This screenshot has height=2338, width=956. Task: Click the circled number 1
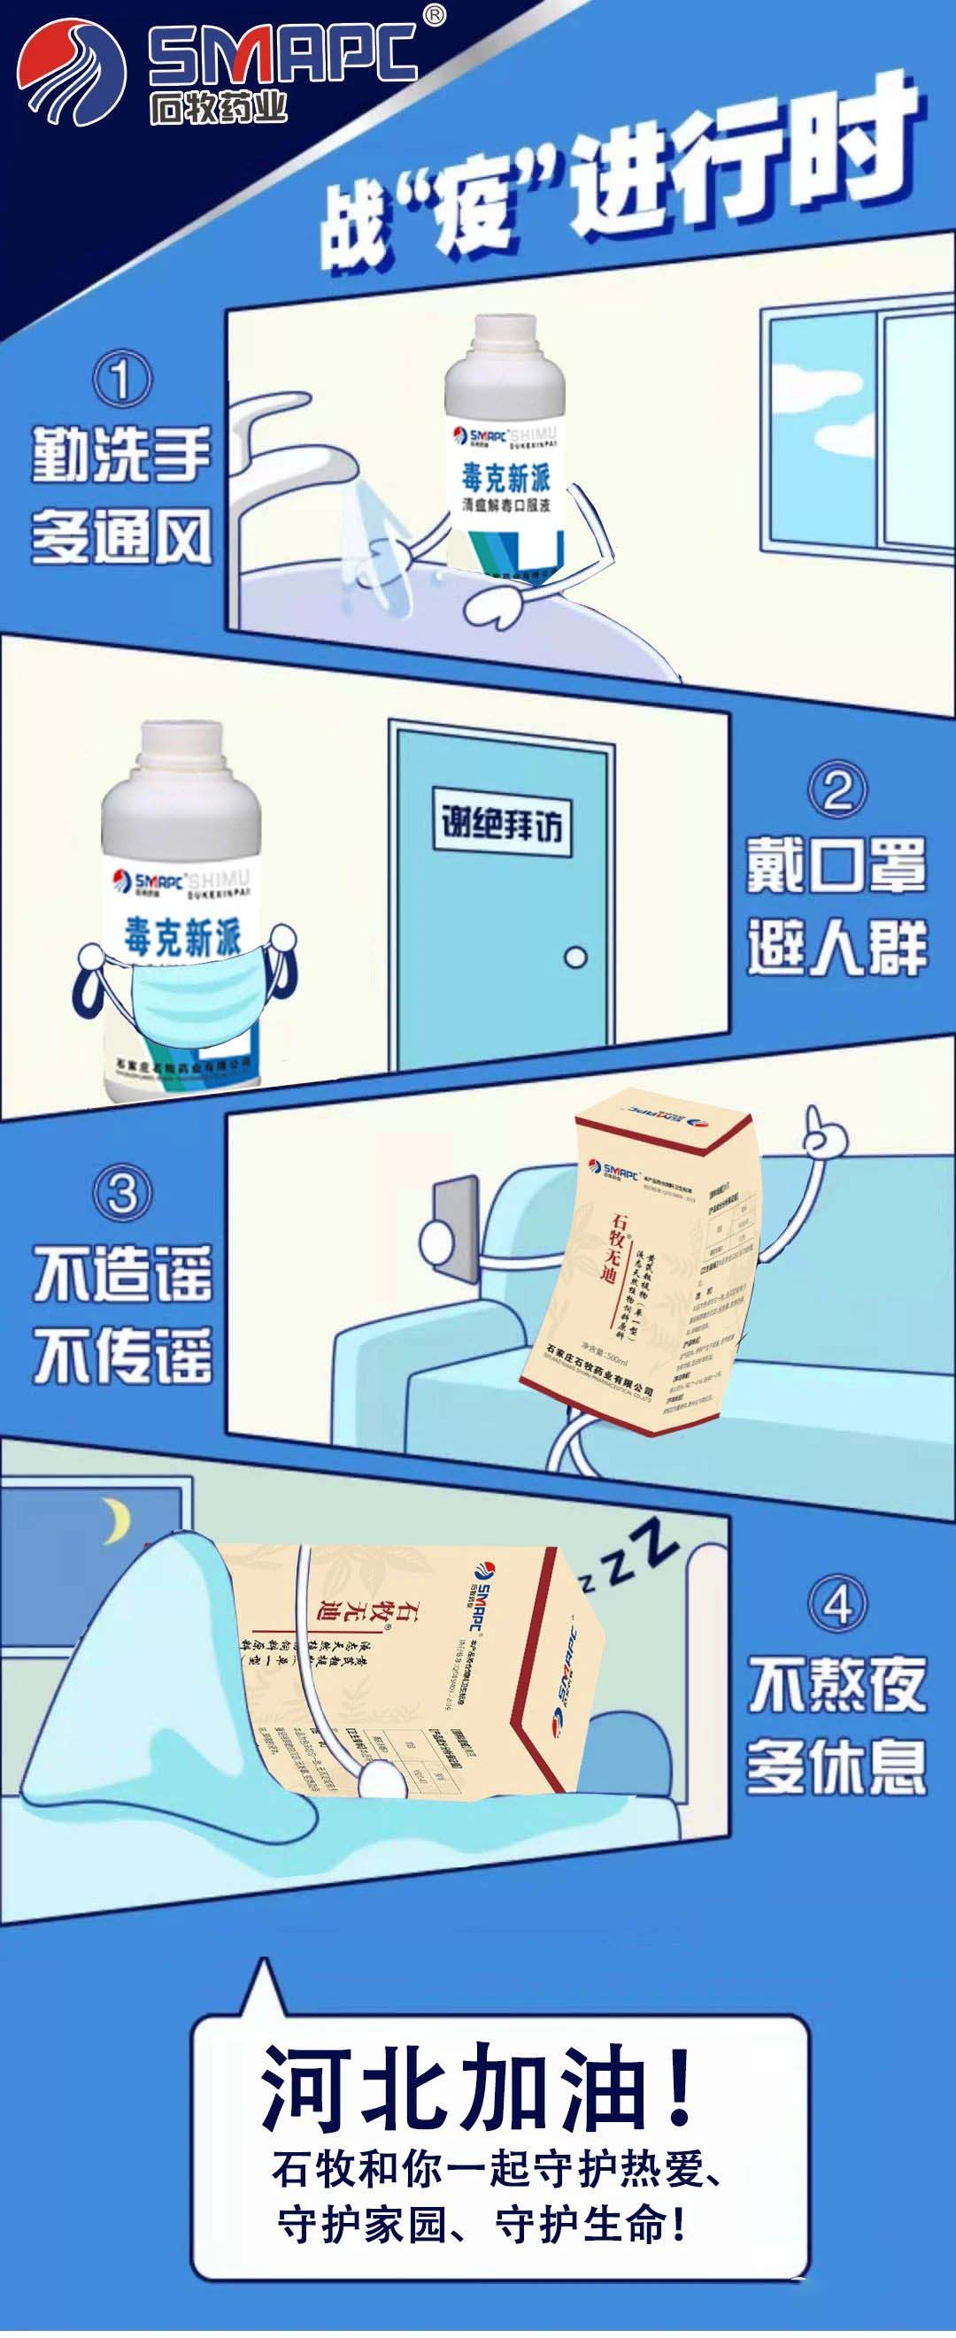coord(119,380)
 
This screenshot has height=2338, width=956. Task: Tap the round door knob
coord(574,958)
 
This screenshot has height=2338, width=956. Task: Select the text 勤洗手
coord(120,456)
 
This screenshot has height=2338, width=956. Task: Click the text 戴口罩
coord(836,865)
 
